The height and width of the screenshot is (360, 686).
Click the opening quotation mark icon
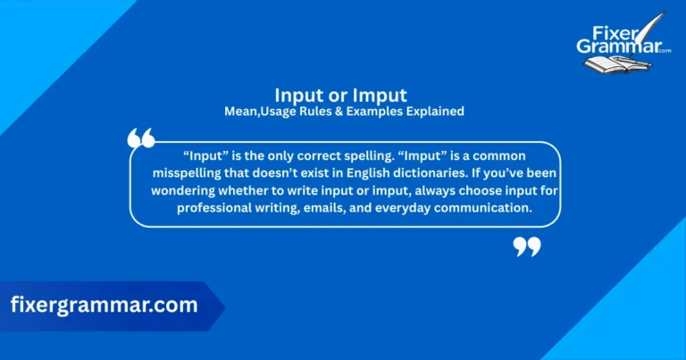coord(141,138)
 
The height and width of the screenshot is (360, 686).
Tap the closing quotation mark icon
coord(527,246)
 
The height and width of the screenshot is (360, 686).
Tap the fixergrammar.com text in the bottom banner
coord(104,305)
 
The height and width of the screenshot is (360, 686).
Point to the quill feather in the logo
coord(659,22)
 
